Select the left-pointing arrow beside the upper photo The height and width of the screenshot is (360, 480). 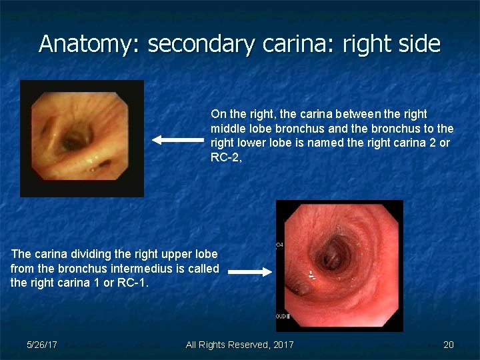177,140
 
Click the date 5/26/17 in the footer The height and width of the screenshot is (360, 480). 41,345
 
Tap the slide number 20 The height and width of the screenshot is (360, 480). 449,345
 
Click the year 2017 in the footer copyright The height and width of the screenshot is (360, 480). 283,345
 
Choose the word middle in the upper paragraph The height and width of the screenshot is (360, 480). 227,128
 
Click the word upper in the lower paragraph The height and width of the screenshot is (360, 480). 177,254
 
